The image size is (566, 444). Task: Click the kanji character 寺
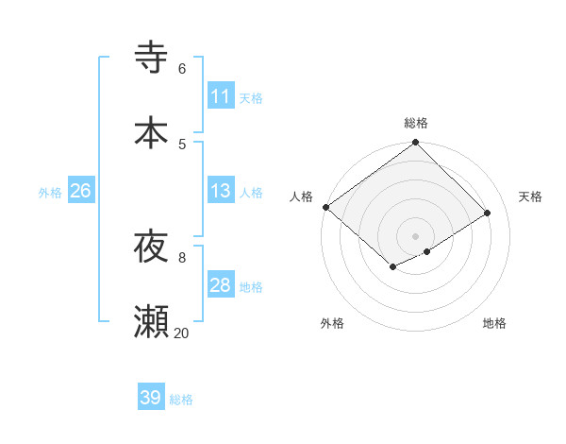pyautogui.click(x=151, y=58)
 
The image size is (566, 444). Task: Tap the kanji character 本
pyautogui.click(x=151, y=132)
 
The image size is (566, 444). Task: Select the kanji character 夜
pyautogui.click(x=151, y=247)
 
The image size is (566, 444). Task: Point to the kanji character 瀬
pyautogui.click(x=151, y=322)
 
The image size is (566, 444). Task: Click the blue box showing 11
pyautogui.click(x=220, y=96)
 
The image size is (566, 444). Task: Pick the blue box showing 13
pyautogui.click(x=220, y=191)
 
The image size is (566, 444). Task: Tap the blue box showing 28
pyautogui.click(x=220, y=285)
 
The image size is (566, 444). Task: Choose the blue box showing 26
pyautogui.click(x=80, y=191)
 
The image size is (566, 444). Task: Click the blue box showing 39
pyautogui.click(x=150, y=398)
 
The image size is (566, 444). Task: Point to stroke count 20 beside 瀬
pyautogui.click(x=181, y=333)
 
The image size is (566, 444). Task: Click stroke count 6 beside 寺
pyautogui.click(x=181, y=68)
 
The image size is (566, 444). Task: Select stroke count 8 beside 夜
pyautogui.click(x=181, y=256)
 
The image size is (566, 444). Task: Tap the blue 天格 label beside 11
pyautogui.click(x=251, y=97)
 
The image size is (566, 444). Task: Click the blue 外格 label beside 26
pyautogui.click(x=50, y=192)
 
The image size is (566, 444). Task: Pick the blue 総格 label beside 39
pyautogui.click(x=181, y=399)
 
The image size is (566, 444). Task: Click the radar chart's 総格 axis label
pyautogui.click(x=415, y=123)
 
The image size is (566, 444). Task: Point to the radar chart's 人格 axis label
pyautogui.click(x=301, y=196)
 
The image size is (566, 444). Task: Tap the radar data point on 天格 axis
pyautogui.click(x=488, y=213)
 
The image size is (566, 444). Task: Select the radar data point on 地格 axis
pyautogui.click(x=427, y=251)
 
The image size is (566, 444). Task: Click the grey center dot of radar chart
pyautogui.click(x=415, y=235)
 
